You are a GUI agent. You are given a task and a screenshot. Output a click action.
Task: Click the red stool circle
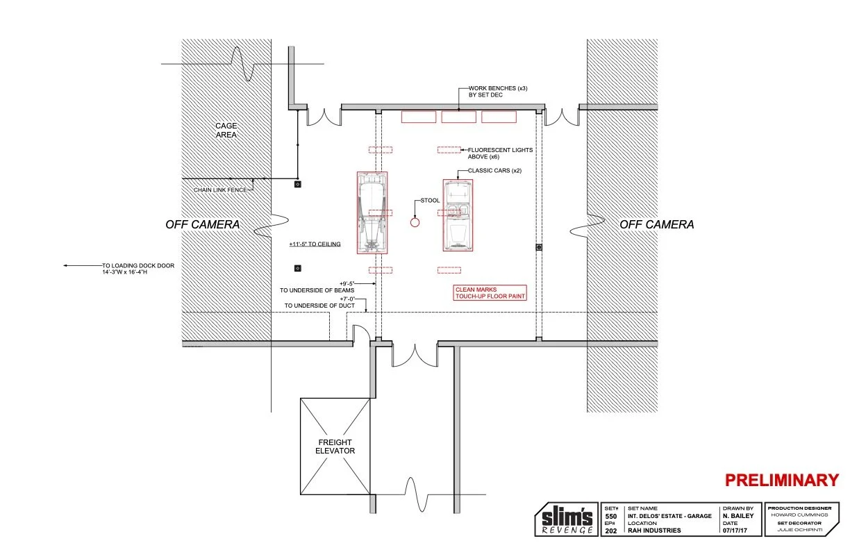tap(415, 223)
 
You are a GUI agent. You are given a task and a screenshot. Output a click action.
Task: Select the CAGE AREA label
tap(225, 130)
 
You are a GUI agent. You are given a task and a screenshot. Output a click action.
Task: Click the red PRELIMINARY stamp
tap(782, 480)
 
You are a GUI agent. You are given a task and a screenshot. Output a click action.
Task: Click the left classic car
tap(372, 212)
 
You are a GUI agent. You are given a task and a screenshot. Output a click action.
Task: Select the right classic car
tap(458, 215)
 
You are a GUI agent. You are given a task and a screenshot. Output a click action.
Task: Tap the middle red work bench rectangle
tap(459, 117)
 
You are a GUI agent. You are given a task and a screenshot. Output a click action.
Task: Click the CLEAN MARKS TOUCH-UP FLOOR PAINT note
tap(490, 292)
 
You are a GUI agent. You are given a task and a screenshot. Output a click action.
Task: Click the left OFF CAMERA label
tap(202, 224)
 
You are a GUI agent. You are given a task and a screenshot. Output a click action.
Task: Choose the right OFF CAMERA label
tap(656, 224)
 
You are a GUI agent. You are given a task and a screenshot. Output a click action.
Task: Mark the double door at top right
tap(562, 117)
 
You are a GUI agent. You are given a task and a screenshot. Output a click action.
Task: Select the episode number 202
tap(610, 531)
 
